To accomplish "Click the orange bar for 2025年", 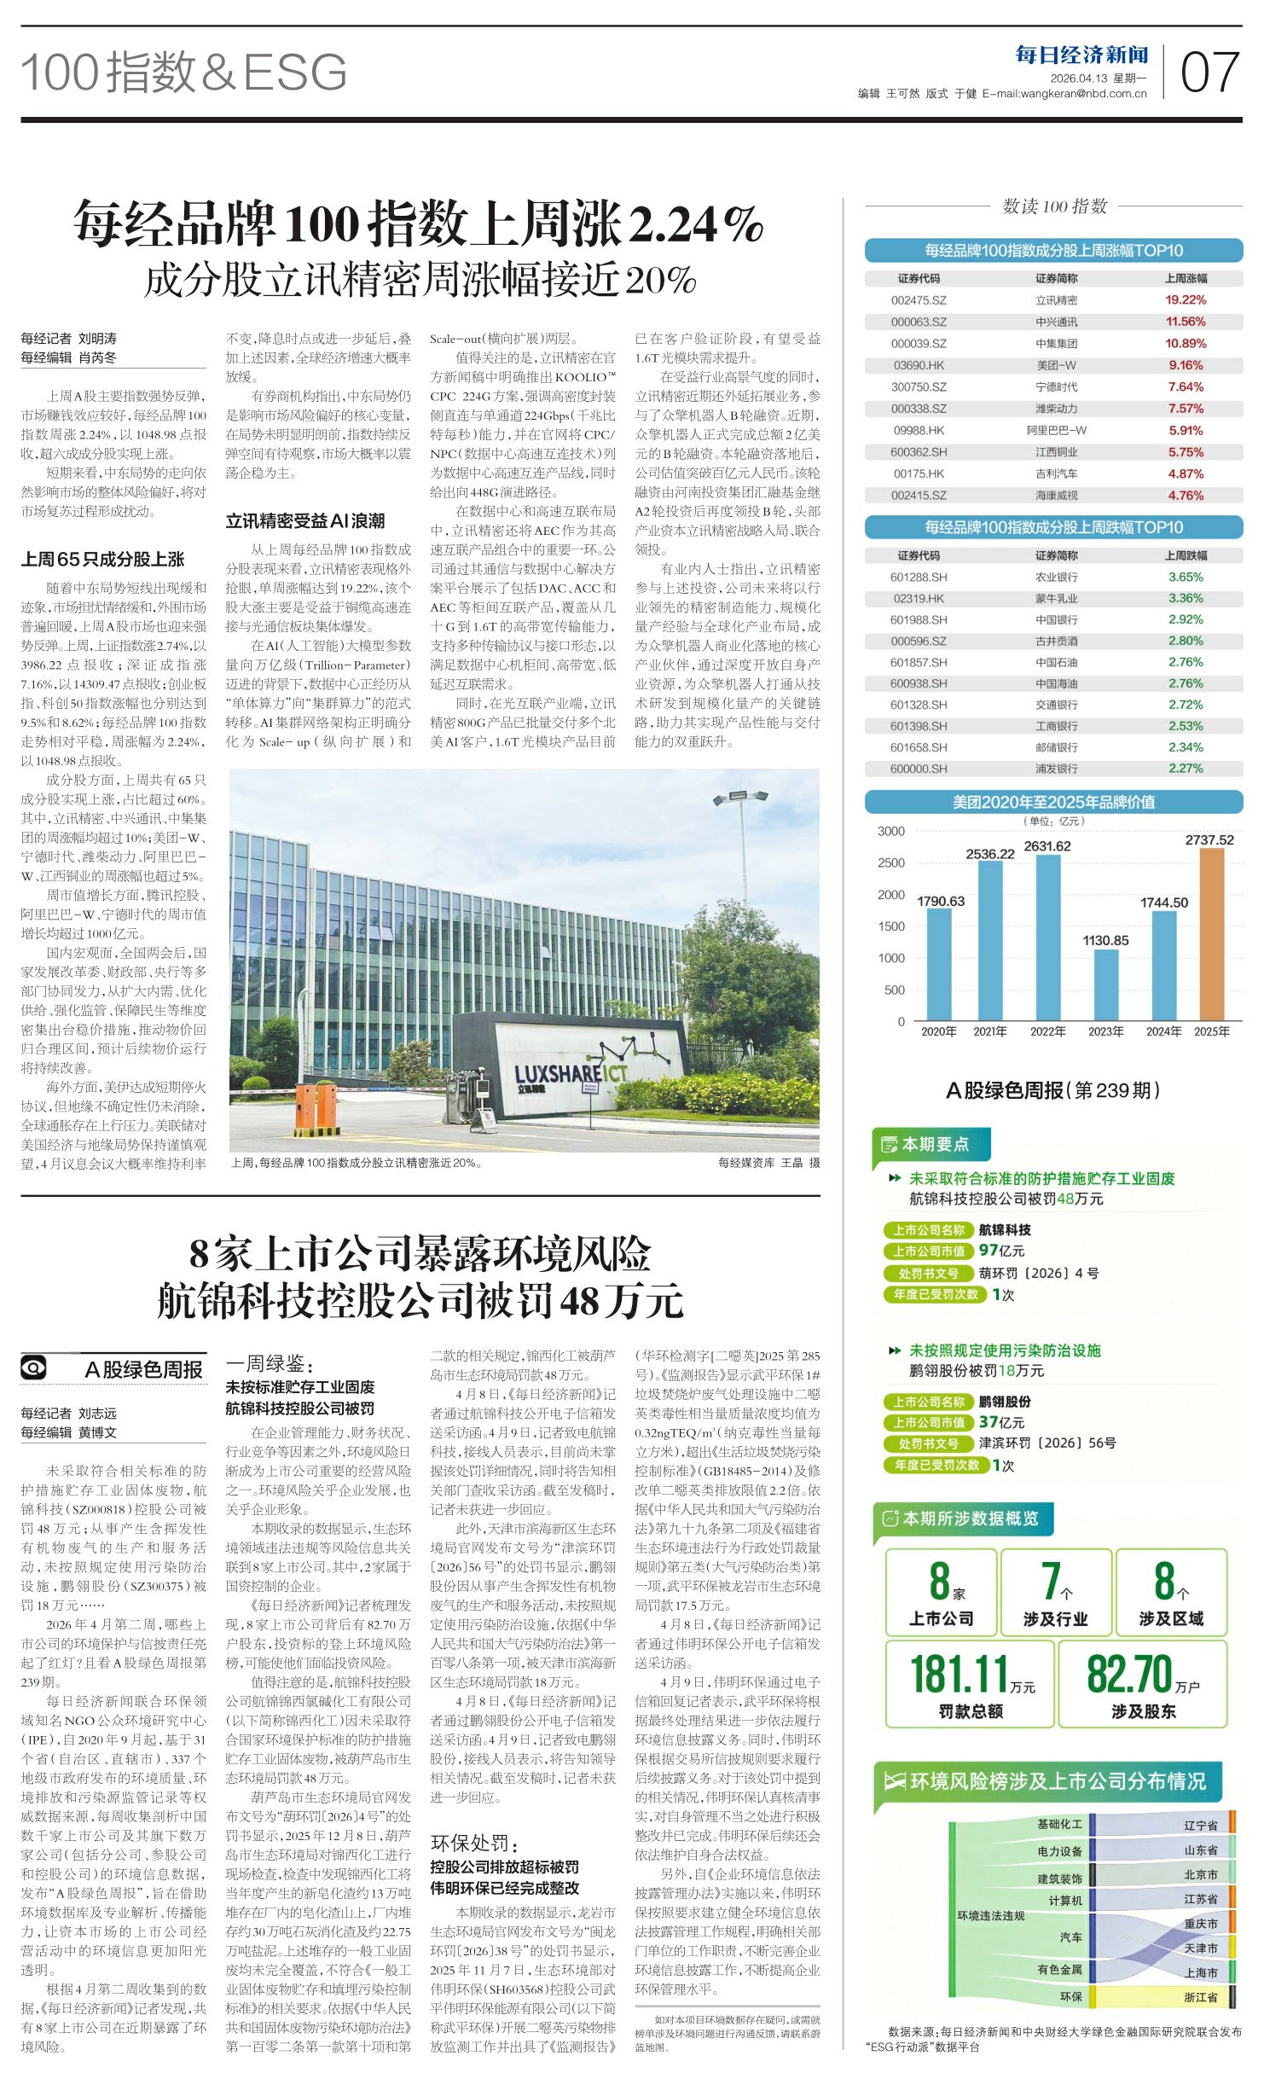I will pyautogui.click(x=1211, y=934).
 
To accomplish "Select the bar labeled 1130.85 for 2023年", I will pyautogui.click(x=1105, y=984).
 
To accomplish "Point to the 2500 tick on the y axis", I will pyautogui.click(x=891, y=862).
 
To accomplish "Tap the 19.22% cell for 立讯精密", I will pyautogui.click(x=1186, y=300).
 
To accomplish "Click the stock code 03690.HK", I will pyautogui.click(x=919, y=365).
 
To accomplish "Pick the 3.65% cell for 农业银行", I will pyautogui.click(x=1186, y=577).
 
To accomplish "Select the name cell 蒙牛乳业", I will pyautogui.click(x=1056, y=598).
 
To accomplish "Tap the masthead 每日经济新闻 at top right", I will pyautogui.click(x=1081, y=55).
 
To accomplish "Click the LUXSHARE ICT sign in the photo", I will pyautogui.click(x=570, y=1074).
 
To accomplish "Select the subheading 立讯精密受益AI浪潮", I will pyautogui.click(x=305, y=520).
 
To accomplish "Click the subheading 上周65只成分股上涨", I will pyautogui.click(x=102, y=559).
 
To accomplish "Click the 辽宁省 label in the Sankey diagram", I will pyautogui.click(x=1200, y=1825).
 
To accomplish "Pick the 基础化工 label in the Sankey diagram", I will pyautogui.click(x=1059, y=1824).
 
